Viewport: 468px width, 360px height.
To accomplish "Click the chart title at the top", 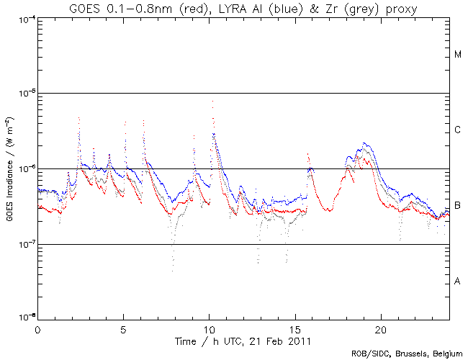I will (243, 8).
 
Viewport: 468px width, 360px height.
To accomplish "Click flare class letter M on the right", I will (458, 55).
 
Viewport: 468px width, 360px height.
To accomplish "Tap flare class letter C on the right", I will (458, 130).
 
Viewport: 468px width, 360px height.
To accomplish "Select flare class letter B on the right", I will (458, 206).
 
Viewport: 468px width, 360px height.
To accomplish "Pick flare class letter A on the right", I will (458, 282).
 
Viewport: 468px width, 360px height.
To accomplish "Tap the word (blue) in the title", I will (288, 8).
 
